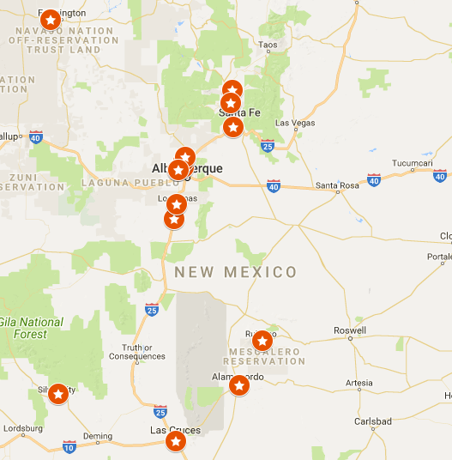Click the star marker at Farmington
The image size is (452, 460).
[x=51, y=20]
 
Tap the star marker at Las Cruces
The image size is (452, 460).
[x=176, y=441]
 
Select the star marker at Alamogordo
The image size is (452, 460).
[x=239, y=386]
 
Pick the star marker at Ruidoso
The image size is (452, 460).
[x=262, y=341]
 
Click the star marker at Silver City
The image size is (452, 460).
[x=58, y=394]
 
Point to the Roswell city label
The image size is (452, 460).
[x=350, y=330]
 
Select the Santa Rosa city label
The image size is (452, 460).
[x=336, y=185]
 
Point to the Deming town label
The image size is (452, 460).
[x=98, y=436]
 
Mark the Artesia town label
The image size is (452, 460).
[x=358, y=383]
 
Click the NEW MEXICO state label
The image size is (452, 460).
[x=236, y=273]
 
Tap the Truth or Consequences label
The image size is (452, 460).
[x=137, y=352]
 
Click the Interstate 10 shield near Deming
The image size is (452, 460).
[x=69, y=446]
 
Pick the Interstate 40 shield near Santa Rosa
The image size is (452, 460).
[x=274, y=185]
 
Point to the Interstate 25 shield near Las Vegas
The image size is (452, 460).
[x=268, y=146]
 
